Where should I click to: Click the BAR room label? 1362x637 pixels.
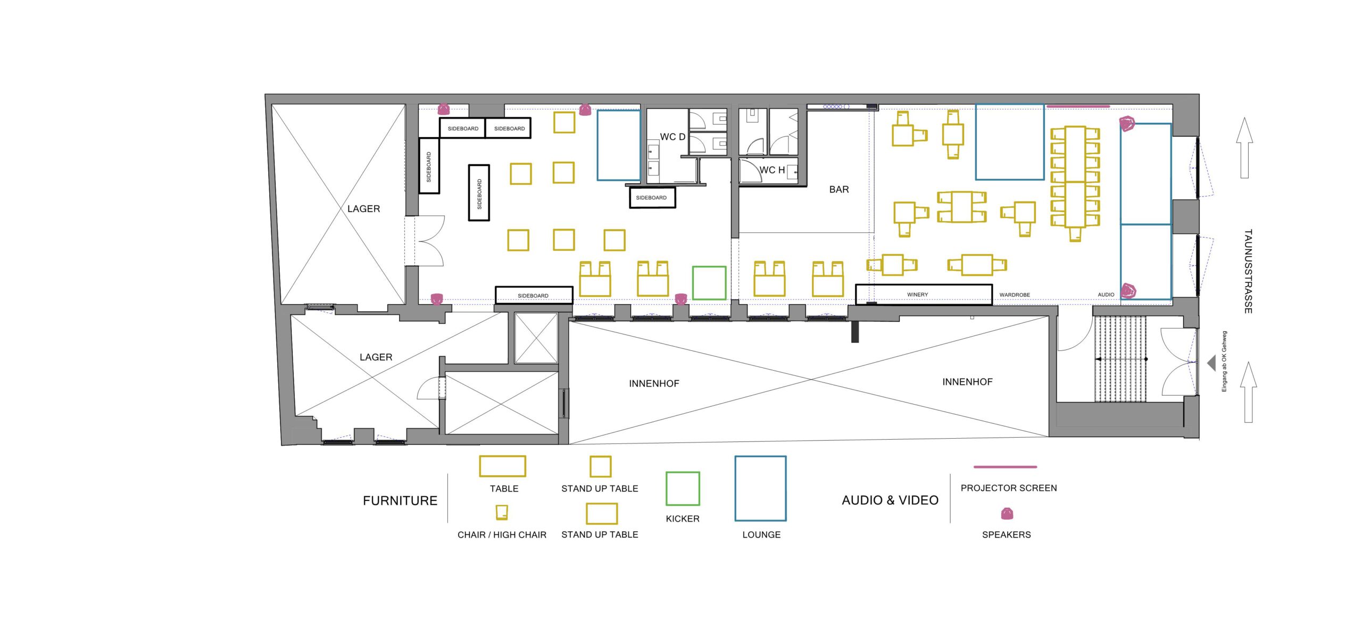(x=839, y=189)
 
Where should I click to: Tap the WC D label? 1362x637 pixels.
(x=672, y=137)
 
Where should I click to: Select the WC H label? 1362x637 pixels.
(x=772, y=170)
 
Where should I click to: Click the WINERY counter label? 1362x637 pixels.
(x=917, y=295)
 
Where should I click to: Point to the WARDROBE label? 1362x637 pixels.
(x=1015, y=295)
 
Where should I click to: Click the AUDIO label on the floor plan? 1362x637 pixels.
(x=1106, y=295)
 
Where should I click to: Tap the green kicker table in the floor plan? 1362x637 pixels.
(x=709, y=283)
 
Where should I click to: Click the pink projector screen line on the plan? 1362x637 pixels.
(x=1078, y=106)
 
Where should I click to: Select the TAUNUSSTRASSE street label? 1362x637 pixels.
(x=1248, y=271)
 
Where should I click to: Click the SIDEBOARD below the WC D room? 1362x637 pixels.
(x=652, y=197)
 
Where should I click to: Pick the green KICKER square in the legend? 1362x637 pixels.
(x=683, y=489)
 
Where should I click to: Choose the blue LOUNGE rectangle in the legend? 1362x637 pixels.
(x=760, y=488)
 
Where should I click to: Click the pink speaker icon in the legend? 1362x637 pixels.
(x=1007, y=514)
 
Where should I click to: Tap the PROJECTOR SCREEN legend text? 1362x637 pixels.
(x=1009, y=488)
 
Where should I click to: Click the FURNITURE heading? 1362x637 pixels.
(x=400, y=500)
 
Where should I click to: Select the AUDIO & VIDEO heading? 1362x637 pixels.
(x=890, y=500)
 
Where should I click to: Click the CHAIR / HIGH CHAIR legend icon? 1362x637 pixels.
(x=502, y=512)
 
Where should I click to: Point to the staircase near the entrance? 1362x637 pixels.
(x=1120, y=359)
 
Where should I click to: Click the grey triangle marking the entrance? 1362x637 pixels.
(x=1212, y=363)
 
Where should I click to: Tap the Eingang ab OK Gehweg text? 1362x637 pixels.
(x=1224, y=362)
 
